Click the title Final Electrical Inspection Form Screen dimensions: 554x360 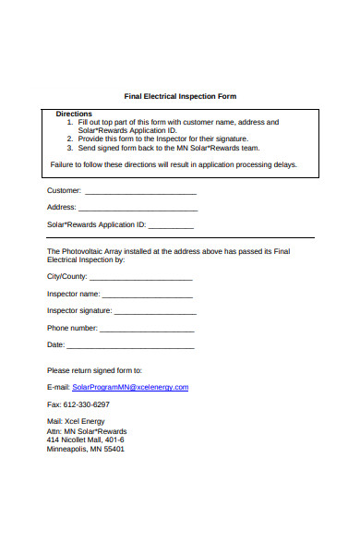click(x=180, y=96)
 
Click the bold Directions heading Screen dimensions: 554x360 click(x=74, y=114)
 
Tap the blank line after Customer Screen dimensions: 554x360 click(x=140, y=192)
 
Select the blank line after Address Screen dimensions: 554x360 click(x=138, y=209)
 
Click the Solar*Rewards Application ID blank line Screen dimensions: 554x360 click(x=171, y=225)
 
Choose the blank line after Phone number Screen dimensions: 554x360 click(x=147, y=329)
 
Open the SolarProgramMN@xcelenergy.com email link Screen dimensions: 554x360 click(x=130, y=387)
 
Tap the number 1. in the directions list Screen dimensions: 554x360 click(x=71, y=122)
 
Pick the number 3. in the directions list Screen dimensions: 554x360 click(x=71, y=148)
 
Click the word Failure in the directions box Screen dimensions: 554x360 click(x=62, y=165)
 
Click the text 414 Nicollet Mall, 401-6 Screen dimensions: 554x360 click(x=85, y=440)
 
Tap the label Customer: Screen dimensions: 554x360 click(x=64, y=191)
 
